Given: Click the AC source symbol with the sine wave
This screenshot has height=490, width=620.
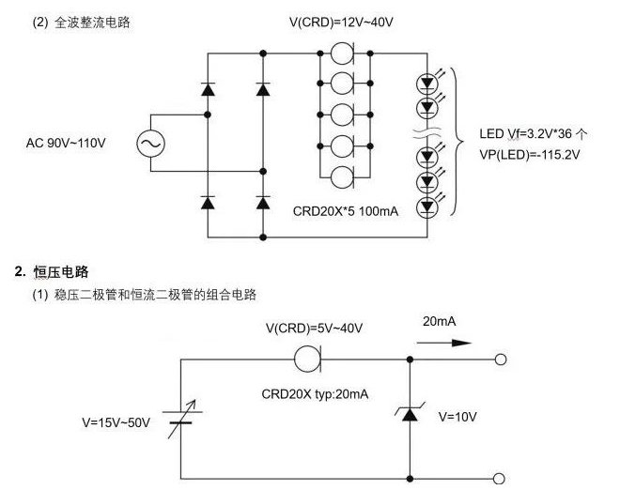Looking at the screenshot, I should coord(150,144).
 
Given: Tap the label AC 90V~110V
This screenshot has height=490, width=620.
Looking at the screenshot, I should coord(66,144).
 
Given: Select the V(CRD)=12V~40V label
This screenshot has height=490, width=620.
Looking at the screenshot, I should coord(340,22).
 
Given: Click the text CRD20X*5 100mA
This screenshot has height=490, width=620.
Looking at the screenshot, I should coord(346,212).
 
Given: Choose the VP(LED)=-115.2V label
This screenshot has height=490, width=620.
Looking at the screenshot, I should coord(529,153).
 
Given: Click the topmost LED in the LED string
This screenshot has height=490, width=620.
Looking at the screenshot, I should coord(428,83).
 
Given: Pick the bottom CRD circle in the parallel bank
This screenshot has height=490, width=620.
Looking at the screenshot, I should coord(343,176).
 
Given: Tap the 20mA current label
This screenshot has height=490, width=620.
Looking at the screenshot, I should coord(439,321).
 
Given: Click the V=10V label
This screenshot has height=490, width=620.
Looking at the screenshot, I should coord(459,416).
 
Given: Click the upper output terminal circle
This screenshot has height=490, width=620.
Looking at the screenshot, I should coord(501,359).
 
